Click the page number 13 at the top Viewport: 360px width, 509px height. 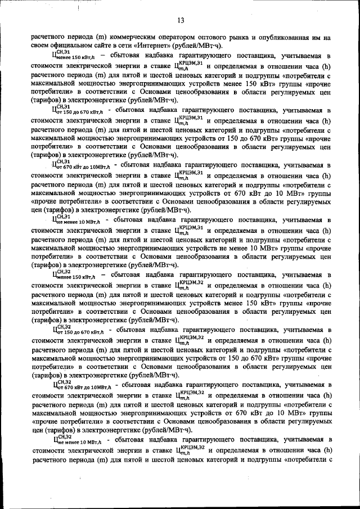pos(181,21)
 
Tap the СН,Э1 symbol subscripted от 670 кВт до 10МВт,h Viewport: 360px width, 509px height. pos(82,165)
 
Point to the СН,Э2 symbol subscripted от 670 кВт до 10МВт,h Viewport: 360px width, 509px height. pos(82,385)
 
